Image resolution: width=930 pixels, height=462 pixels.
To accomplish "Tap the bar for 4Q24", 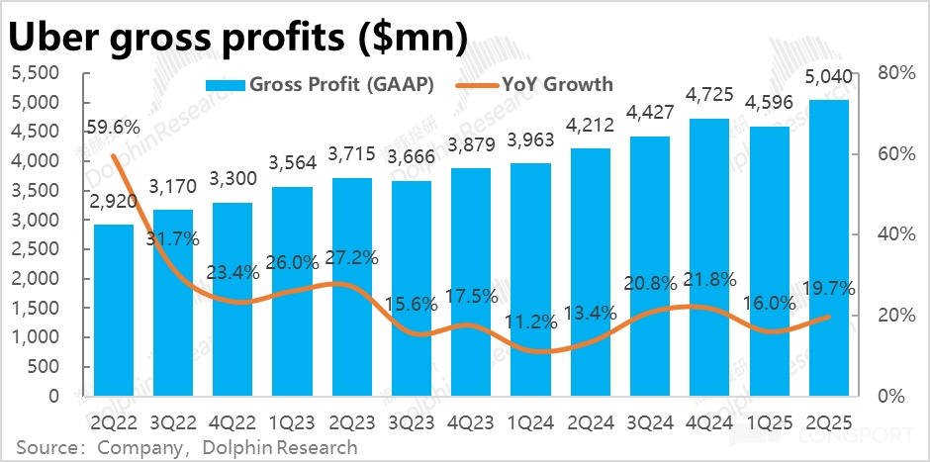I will point(708,257).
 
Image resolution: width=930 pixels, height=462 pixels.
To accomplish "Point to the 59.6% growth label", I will point(113,127).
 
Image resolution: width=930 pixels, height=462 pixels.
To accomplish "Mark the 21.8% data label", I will point(708,280).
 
